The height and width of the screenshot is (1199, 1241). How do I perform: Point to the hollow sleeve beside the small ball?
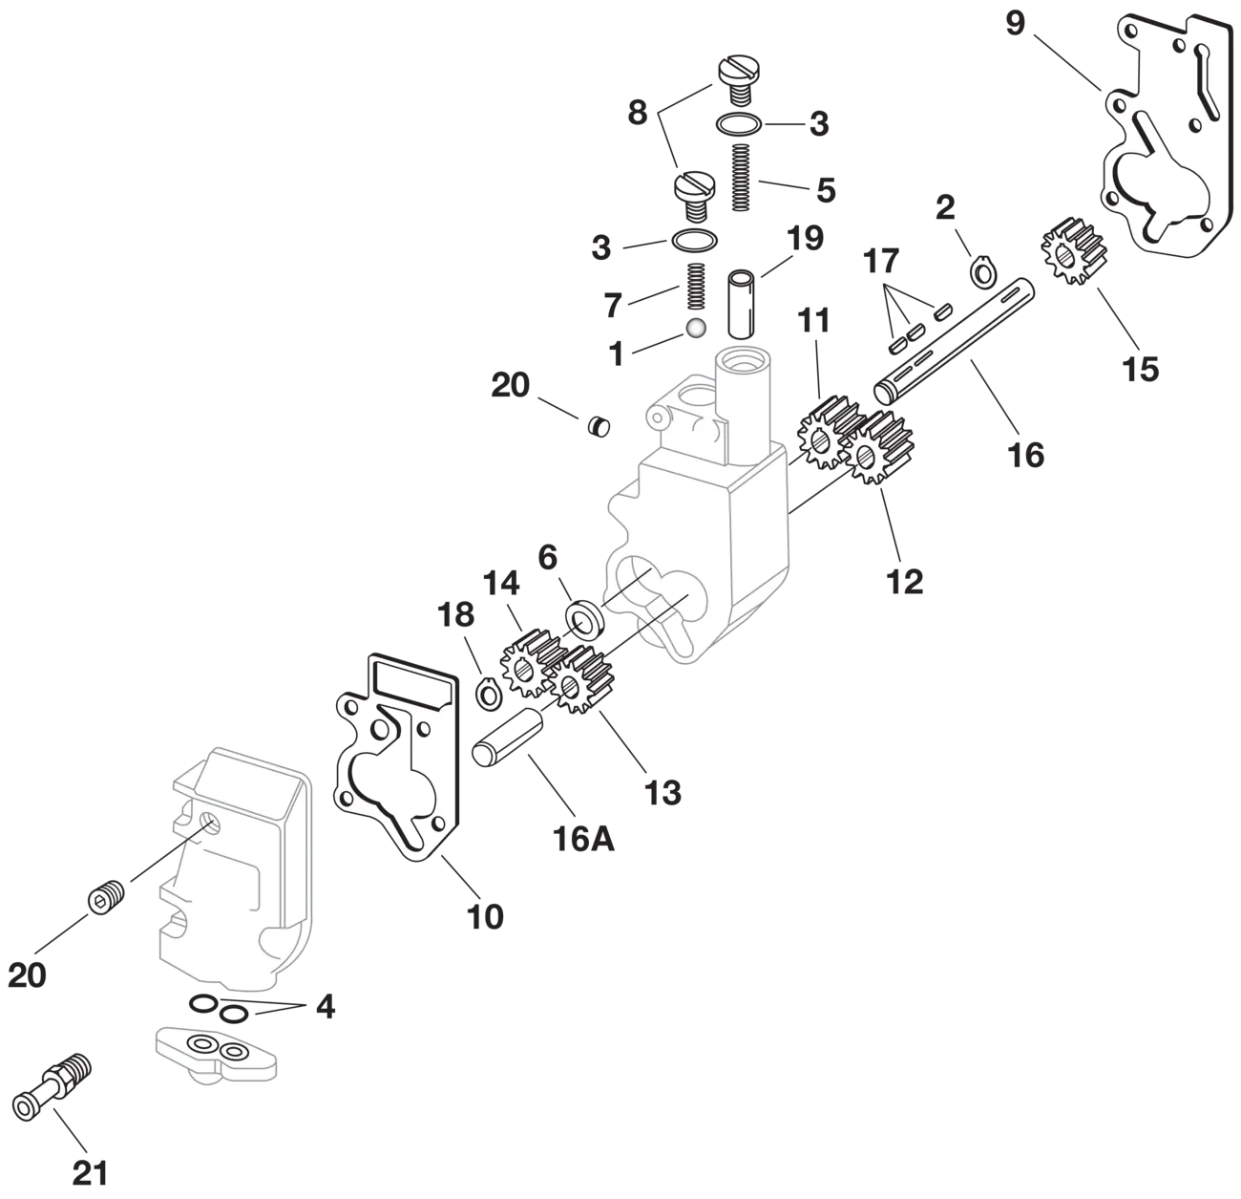(x=740, y=304)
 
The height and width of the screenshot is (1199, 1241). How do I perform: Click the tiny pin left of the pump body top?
(x=599, y=426)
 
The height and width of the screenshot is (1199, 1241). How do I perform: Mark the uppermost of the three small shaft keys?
(x=943, y=311)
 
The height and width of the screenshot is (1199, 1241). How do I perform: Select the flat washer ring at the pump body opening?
(x=583, y=618)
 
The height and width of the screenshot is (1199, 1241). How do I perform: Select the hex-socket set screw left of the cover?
(x=104, y=900)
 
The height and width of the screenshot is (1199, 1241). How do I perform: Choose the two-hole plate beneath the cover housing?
(x=216, y=1052)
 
